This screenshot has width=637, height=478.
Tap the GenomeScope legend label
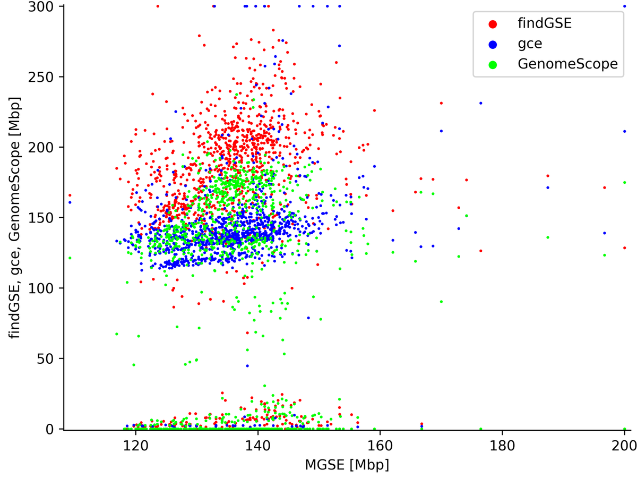coord(567,64)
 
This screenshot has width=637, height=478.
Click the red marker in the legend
coord(493,24)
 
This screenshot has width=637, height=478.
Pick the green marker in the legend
coord(493,64)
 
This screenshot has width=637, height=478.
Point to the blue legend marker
coord(493,44)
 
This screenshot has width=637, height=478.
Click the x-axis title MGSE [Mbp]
coord(347,465)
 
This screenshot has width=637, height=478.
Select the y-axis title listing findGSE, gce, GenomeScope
coord(14,218)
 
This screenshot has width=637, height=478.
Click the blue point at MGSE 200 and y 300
coord(624,6)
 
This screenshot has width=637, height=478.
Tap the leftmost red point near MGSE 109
coord(70,195)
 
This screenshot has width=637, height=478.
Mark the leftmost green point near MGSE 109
coord(70,258)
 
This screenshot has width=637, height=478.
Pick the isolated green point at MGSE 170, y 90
coord(441,302)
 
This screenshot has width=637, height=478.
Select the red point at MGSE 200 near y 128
coord(624,248)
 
